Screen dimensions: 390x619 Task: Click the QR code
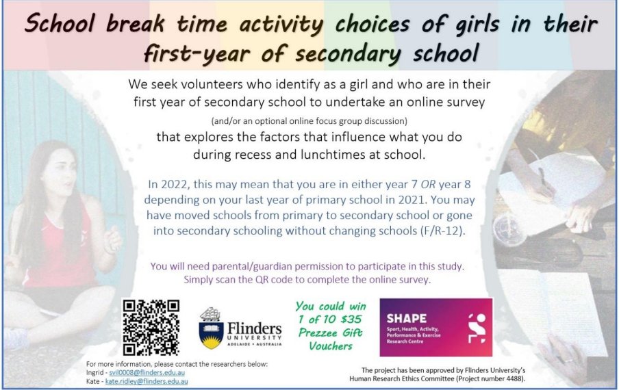[x=151, y=327]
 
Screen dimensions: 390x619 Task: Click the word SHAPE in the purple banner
[x=406, y=318]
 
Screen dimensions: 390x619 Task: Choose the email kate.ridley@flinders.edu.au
[x=147, y=381]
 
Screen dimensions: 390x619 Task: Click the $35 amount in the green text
[x=350, y=318]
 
